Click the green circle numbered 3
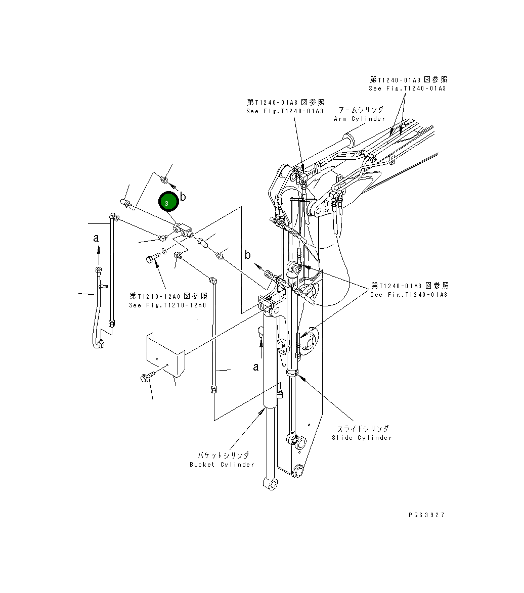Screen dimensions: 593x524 [x=168, y=202]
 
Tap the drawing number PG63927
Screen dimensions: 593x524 [x=426, y=515]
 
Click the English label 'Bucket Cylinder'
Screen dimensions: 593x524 [x=222, y=465]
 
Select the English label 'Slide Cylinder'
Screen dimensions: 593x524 [x=362, y=438]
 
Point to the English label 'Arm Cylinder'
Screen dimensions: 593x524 [x=359, y=119]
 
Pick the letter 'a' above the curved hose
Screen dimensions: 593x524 [x=96, y=238]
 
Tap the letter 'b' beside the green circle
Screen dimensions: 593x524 [x=183, y=196]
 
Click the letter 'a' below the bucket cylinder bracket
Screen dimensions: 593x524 [x=256, y=367]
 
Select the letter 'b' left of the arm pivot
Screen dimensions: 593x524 [x=248, y=255]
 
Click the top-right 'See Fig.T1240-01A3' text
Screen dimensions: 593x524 [x=407, y=88]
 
